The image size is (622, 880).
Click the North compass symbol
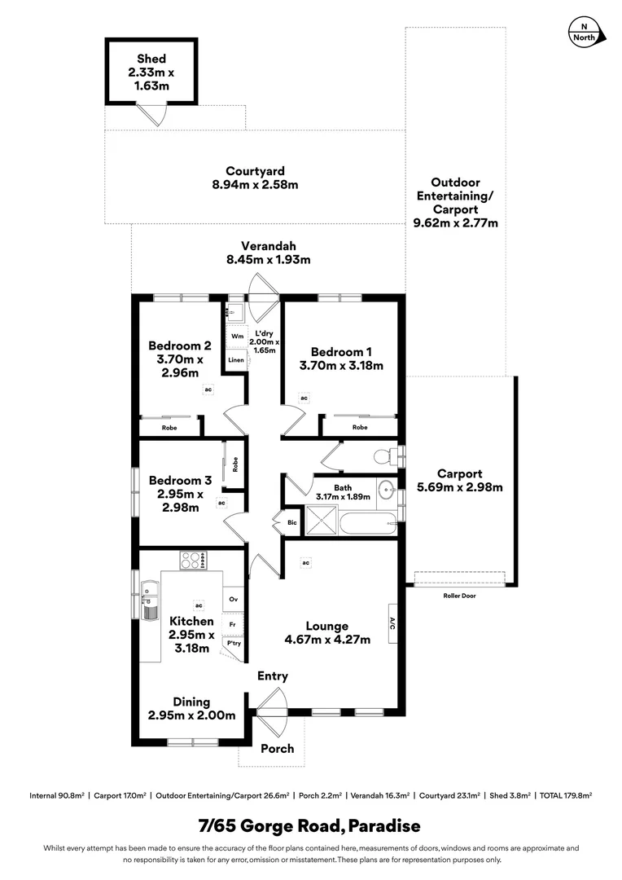(x=585, y=33)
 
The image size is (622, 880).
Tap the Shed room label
(x=151, y=59)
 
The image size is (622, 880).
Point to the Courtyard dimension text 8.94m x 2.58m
(x=255, y=184)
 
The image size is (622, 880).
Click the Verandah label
(x=268, y=246)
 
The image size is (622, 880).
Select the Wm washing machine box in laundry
(x=237, y=336)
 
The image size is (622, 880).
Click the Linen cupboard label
(x=236, y=359)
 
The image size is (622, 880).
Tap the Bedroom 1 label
(x=341, y=351)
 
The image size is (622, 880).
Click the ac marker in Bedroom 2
(x=208, y=390)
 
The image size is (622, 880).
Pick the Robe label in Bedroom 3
(x=235, y=465)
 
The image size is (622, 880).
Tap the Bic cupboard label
(x=291, y=522)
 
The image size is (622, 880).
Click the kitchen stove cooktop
(x=193, y=561)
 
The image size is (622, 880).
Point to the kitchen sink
(x=150, y=599)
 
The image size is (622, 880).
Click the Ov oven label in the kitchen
(x=233, y=600)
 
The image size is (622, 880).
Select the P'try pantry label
(x=234, y=643)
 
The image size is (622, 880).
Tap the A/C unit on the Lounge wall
(x=392, y=624)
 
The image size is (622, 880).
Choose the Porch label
(x=278, y=748)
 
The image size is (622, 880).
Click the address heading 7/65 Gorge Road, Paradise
(x=310, y=826)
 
